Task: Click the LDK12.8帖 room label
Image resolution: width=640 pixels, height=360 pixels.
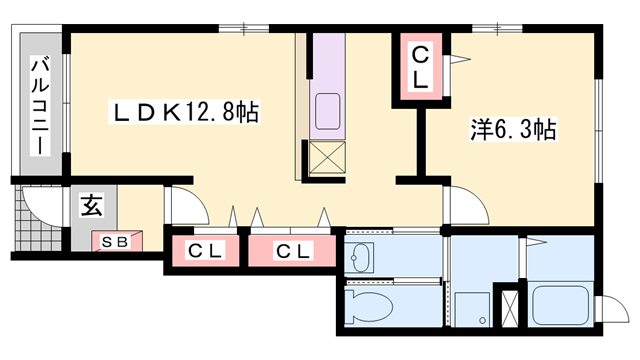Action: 185,113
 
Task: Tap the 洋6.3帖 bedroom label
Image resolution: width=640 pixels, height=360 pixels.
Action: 513,130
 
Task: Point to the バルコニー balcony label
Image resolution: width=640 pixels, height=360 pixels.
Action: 40,105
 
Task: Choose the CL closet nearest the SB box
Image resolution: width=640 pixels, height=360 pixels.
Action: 204,249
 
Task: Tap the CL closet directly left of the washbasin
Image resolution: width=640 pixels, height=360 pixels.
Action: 292,249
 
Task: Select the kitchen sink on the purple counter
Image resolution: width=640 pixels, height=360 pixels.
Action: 327,109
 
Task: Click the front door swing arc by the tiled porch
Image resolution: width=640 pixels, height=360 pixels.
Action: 37,204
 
